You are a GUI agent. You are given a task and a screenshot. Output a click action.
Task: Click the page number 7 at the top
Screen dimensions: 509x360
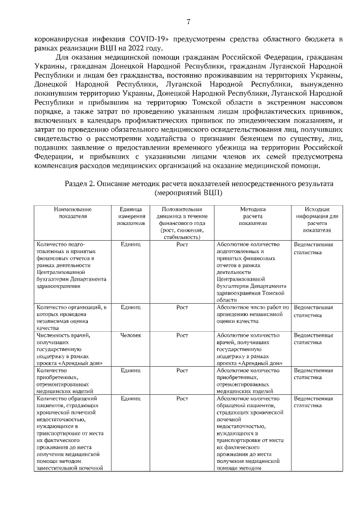pos(188,22)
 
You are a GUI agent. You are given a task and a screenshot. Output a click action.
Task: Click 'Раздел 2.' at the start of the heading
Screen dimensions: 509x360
pos(83,183)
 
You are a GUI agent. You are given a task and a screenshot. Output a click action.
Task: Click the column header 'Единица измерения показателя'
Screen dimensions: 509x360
pos(130,216)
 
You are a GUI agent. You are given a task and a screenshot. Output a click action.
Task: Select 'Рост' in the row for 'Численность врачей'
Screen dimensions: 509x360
pos(182,335)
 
